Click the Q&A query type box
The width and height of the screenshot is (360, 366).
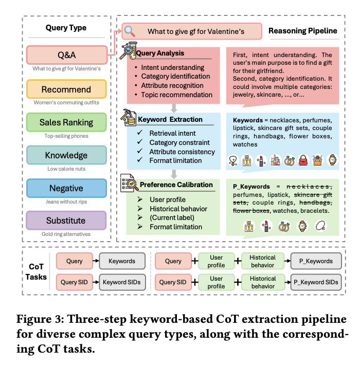coord(67,55)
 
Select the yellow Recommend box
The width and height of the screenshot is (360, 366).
coord(66,89)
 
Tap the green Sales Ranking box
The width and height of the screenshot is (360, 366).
coord(66,122)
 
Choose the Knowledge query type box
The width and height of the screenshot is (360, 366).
coord(66,155)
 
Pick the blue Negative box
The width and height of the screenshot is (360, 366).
coord(66,188)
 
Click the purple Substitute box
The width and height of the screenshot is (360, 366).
coord(66,221)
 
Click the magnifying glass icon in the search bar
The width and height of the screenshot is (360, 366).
coord(130,31)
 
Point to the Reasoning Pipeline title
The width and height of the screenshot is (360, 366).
coord(303,31)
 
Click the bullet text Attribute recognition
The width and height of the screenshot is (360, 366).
coord(172,85)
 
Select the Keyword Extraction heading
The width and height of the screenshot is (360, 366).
coord(170,119)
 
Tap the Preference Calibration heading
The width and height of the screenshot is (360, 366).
coord(176,185)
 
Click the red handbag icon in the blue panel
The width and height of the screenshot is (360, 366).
coord(303,160)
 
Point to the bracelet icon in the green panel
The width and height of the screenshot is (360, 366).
coord(320,226)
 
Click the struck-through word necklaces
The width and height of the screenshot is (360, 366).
coord(309,187)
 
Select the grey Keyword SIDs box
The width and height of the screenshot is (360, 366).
coord(122,282)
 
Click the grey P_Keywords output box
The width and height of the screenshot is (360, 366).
coord(316,261)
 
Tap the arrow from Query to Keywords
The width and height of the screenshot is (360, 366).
coord(96,261)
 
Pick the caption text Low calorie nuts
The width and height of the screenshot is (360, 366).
coord(66,169)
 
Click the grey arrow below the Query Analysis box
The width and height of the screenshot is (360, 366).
coord(174,108)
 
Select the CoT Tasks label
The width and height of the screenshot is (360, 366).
coord(36,272)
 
